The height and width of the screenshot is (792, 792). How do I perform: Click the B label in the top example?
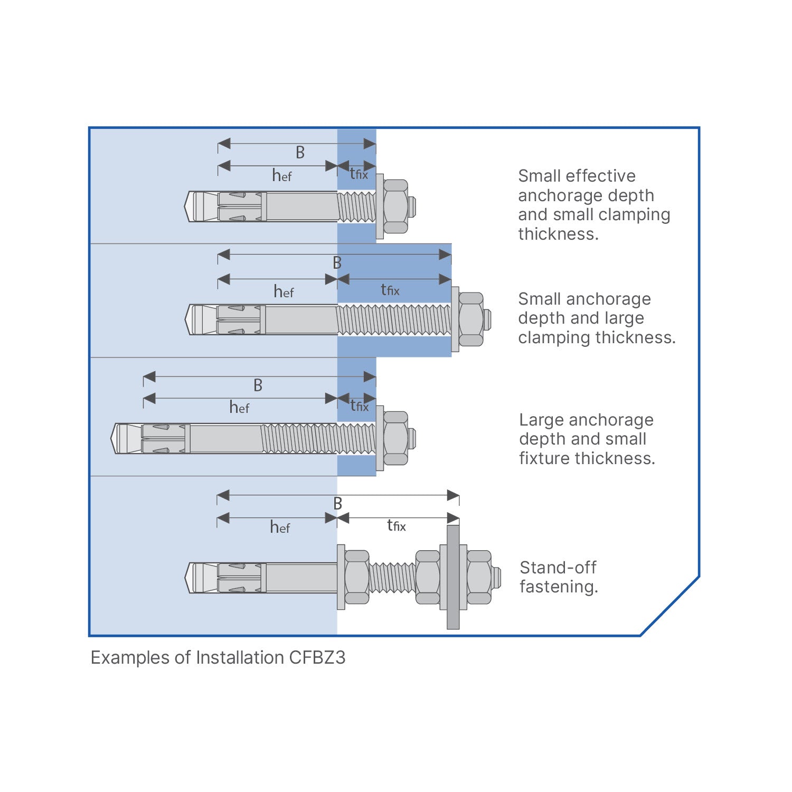[300, 153]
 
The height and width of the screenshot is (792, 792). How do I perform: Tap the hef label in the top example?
[282, 175]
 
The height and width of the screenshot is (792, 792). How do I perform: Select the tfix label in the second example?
[390, 290]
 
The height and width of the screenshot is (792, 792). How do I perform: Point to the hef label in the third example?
[239, 407]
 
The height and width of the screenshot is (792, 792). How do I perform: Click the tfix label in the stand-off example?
[396, 525]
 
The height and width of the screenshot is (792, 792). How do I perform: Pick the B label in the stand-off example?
[338, 504]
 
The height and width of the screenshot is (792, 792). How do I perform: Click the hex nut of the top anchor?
[395, 206]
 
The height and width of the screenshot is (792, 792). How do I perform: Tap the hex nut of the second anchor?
[471, 319]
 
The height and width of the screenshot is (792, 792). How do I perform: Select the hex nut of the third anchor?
[395, 438]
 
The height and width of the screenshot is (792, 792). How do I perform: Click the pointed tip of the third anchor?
[114, 438]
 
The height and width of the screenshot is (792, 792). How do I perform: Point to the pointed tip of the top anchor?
[187, 206]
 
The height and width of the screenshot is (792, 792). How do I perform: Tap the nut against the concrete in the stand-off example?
[356, 577]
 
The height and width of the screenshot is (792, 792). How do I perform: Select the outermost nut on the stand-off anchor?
[479, 577]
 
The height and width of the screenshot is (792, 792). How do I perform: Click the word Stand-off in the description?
[558, 568]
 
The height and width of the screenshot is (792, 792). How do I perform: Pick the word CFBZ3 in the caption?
[317, 658]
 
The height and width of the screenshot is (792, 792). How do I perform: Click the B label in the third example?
[258, 385]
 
